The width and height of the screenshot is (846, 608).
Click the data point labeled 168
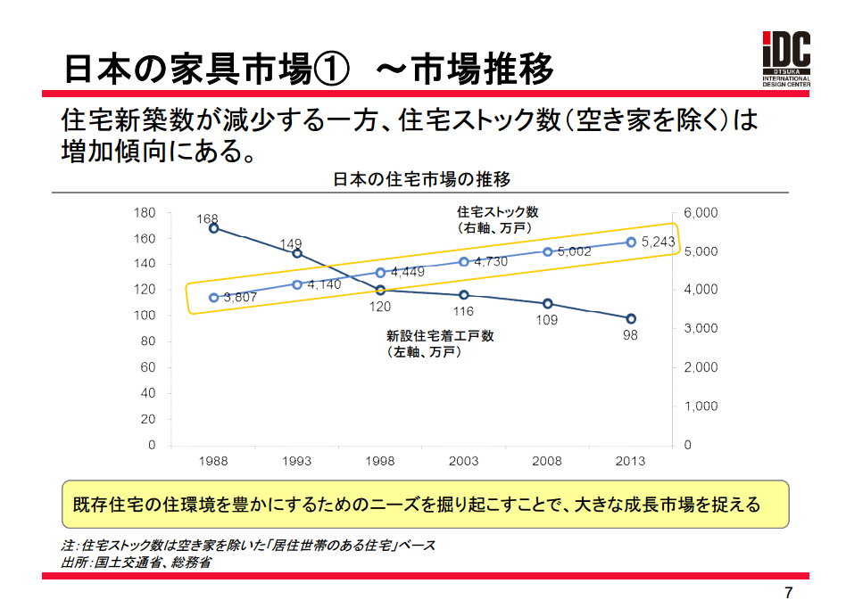click(x=214, y=228)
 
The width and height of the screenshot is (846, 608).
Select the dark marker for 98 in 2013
click(x=631, y=318)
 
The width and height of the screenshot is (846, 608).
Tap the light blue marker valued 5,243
click(x=631, y=242)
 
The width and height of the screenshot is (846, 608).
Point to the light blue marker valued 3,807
click(x=214, y=298)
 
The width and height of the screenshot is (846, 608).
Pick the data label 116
click(x=463, y=312)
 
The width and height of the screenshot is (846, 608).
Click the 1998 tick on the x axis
click(x=380, y=461)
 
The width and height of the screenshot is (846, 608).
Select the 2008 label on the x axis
click(x=547, y=461)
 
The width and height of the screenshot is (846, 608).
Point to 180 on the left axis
click(x=145, y=212)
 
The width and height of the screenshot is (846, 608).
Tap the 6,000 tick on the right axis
click(x=701, y=212)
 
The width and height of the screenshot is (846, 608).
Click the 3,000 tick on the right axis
click(x=701, y=328)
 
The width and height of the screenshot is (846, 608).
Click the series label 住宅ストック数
click(x=498, y=212)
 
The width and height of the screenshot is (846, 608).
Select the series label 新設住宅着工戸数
click(x=440, y=336)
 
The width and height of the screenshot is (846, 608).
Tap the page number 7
click(x=787, y=593)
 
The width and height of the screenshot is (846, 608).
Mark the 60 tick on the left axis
click(x=148, y=367)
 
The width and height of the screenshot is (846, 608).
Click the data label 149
click(x=291, y=243)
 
